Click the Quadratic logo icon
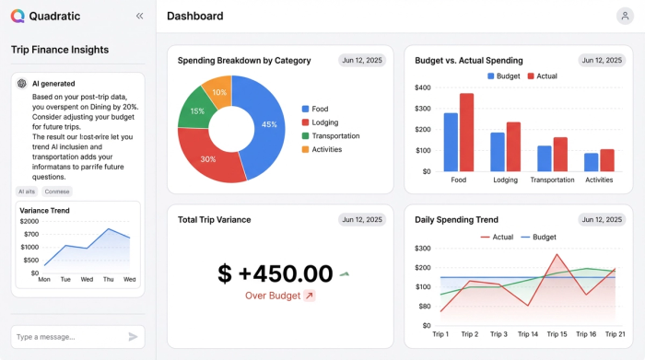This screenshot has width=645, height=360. [18, 16]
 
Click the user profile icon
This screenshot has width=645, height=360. [625, 16]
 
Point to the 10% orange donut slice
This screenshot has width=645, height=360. [218, 93]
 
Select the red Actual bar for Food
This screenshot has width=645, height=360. [466, 132]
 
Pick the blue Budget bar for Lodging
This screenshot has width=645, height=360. [498, 152]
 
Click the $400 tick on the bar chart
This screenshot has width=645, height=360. [423, 87]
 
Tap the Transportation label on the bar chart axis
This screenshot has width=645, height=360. [553, 180]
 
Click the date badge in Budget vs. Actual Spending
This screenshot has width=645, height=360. [601, 60]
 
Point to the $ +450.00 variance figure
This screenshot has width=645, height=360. [276, 273]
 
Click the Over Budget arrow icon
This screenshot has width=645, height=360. [310, 296]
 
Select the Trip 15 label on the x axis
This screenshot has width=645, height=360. [557, 334]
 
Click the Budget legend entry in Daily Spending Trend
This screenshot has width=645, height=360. [538, 237]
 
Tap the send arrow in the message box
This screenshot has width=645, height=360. [133, 337]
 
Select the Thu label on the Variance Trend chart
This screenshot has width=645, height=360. [109, 279]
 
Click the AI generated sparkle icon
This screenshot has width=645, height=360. [21, 83]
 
